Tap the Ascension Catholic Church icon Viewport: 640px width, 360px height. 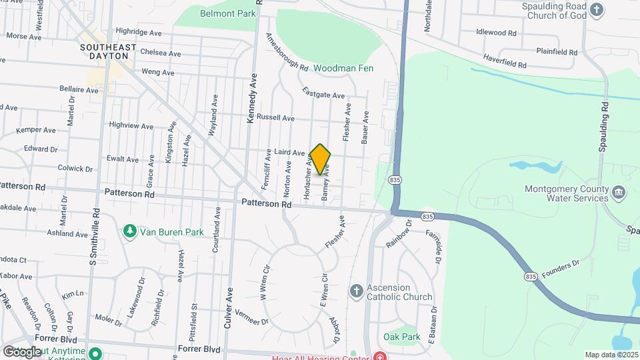(356, 291)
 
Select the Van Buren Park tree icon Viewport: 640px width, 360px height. (129, 231)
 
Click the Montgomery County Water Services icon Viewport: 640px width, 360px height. (619, 193)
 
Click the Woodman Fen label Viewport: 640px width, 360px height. (343, 68)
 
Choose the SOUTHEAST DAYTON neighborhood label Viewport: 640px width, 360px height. (108, 53)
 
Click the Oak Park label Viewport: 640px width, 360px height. (402, 337)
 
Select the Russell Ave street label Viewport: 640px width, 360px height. (275, 118)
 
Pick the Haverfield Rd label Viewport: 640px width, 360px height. (505, 61)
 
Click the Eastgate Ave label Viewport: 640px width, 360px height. (323, 93)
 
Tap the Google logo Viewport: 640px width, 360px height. (23, 351)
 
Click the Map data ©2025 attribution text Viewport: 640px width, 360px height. (611, 355)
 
